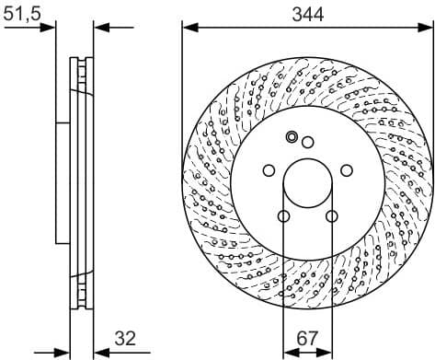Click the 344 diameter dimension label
point(307,13)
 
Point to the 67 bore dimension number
point(308,338)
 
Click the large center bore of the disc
point(308,184)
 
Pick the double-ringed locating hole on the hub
point(292,137)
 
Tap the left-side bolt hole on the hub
point(268,170)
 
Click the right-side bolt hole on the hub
point(349,170)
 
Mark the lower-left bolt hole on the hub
point(283,217)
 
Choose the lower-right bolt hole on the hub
point(333,217)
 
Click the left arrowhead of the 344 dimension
point(188,27)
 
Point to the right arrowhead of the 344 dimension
point(428,27)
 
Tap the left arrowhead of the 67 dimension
point(288,351)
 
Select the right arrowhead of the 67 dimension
point(328,351)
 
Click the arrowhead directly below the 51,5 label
point(50,27)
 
